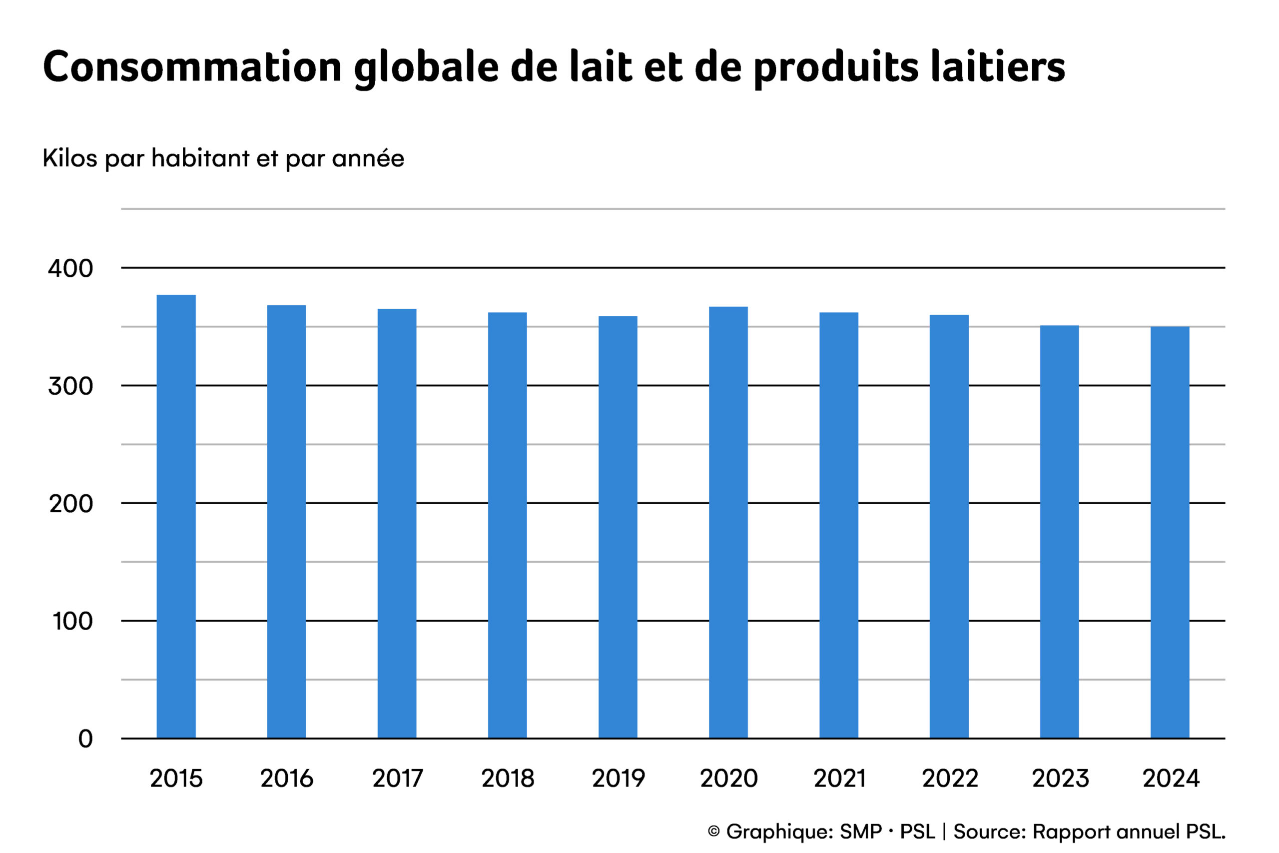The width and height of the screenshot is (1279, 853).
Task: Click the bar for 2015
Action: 176,517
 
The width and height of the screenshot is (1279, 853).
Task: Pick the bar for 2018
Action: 508,525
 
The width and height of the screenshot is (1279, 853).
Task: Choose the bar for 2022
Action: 949,527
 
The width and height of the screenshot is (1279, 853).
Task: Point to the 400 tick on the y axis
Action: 70,269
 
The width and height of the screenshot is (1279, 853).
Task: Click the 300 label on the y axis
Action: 70,386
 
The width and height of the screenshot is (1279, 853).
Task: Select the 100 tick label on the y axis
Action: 73,621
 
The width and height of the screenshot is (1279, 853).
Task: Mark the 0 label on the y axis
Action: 85,739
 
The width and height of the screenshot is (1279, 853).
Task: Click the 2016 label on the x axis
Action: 287,779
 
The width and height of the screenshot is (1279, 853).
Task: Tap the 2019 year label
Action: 619,779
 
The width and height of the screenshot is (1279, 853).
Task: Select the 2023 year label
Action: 1060,779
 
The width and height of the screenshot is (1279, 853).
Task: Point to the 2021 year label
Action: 839,779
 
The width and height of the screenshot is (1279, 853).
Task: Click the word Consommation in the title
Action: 192,66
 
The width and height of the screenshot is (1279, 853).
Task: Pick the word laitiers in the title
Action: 997,66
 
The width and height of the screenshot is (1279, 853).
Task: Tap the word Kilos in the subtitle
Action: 69,158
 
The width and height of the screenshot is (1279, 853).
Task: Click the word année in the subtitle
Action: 368,158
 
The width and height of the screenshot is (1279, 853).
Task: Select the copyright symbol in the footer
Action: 714,831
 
